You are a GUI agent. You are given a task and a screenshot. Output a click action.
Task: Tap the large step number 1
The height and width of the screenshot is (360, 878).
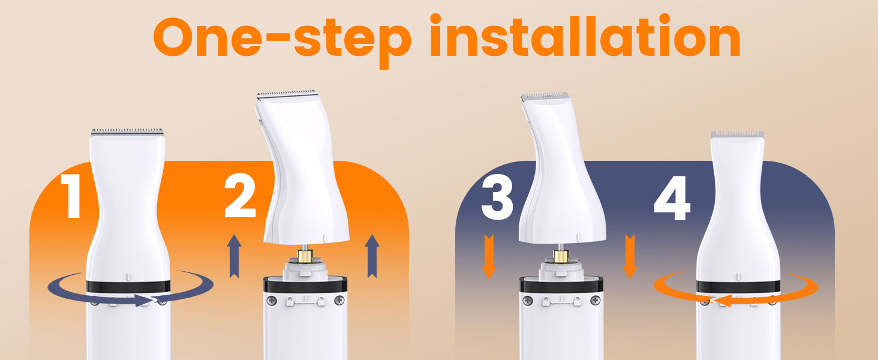tap(71, 196)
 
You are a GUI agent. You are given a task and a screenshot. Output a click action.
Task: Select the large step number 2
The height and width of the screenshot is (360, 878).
tap(240, 196)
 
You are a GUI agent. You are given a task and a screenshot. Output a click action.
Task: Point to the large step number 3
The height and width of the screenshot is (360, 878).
tap(497, 197)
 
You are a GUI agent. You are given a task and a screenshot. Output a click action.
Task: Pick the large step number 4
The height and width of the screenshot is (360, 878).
tap(672, 198)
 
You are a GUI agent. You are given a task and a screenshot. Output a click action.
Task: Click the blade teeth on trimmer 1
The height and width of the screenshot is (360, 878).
tap(127, 132)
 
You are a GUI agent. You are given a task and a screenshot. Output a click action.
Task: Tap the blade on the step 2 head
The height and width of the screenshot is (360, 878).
tap(287, 94)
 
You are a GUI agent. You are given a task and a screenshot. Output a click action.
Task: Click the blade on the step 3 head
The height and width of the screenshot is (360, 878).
tap(545, 96)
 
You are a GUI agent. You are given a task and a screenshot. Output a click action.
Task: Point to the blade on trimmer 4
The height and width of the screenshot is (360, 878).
tap(737, 135)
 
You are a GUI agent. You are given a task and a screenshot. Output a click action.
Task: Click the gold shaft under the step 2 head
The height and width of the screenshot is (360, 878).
tap(305, 256)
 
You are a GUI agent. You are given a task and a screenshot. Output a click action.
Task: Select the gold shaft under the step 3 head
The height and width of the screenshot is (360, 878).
tap(561, 256)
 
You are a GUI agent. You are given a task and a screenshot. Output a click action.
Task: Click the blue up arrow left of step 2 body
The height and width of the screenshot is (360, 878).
tap(234, 256)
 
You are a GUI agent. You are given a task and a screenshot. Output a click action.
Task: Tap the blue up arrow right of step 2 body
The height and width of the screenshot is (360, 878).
tap(372, 256)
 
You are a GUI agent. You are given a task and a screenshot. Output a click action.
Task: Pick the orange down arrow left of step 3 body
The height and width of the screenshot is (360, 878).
tap(489, 256)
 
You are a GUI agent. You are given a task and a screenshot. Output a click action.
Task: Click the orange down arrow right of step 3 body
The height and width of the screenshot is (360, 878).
tap(630, 256)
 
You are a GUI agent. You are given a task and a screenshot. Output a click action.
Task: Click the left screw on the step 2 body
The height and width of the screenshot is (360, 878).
tap(271, 301)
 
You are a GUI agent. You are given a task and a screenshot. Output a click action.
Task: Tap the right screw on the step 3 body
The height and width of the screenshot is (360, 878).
tap(595, 301)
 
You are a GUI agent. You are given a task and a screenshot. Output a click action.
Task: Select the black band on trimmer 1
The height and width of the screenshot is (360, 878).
tap(128, 286)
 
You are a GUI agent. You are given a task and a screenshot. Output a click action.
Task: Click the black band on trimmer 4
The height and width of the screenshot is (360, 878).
tap(738, 286)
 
